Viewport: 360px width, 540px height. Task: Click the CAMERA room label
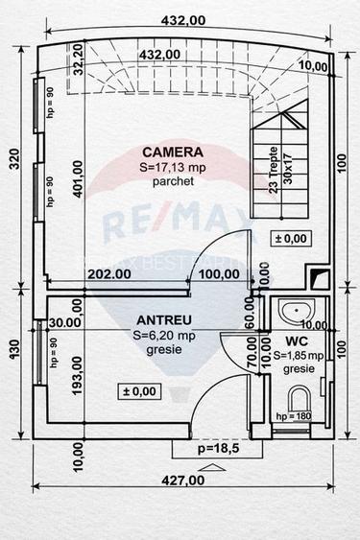[173, 152]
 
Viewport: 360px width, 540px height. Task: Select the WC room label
[296, 340]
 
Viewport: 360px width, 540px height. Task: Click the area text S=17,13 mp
[173, 166]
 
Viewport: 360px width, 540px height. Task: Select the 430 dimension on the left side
[13, 352]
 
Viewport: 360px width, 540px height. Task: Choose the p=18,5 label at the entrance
[198, 449]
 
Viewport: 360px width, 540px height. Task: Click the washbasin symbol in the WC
[297, 310]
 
